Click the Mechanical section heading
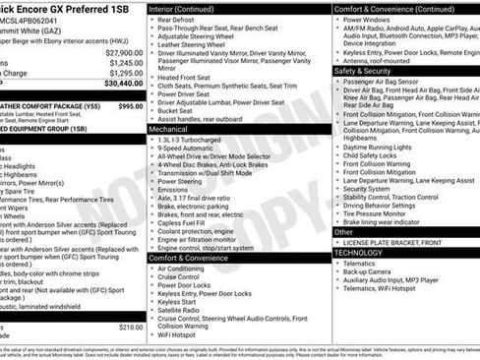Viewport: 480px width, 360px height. [x=168, y=128]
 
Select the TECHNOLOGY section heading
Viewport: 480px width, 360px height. [x=358, y=252]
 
